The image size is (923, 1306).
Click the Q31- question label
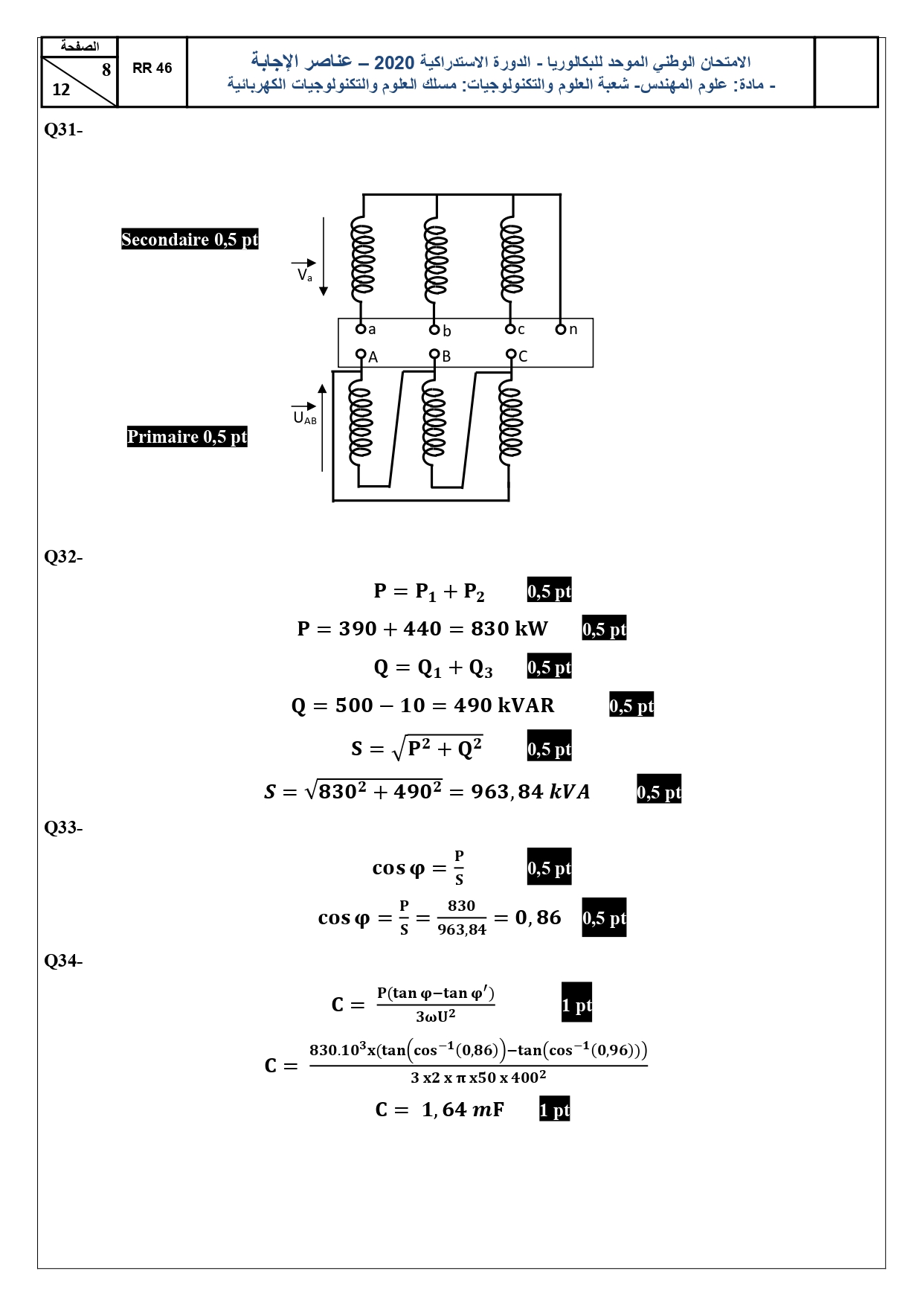tap(63, 129)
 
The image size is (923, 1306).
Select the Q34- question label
tap(63, 961)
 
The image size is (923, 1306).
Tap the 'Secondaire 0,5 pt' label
tap(190, 240)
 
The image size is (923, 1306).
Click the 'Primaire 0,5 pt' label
tap(187, 437)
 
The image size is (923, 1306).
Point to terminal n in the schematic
tap(562, 329)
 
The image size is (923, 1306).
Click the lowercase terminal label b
tap(447, 331)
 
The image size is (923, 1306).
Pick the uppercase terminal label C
tap(523, 356)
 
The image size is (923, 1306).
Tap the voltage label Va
tap(305, 275)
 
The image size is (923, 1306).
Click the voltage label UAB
tap(305, 418)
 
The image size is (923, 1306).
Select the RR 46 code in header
tap(152, 68)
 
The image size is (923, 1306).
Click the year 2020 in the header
tap(394, 63)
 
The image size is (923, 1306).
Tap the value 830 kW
tap(509, 629)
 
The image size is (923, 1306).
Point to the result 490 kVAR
tap(504, 705)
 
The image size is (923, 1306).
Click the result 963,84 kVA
tap(530, 792)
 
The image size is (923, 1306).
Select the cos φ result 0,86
tap(538, 918)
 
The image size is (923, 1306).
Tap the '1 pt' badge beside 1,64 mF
tap(555, 1110)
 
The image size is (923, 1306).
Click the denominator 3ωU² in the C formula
tap(436, 1017)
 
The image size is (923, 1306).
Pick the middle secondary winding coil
tap(436, 259)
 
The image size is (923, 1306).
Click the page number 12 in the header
tap(61, 90)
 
